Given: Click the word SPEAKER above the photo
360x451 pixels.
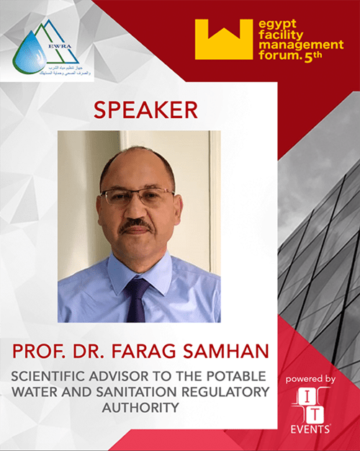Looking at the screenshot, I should click(145, 110).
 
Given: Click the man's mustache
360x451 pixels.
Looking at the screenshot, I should click(136, 225).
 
